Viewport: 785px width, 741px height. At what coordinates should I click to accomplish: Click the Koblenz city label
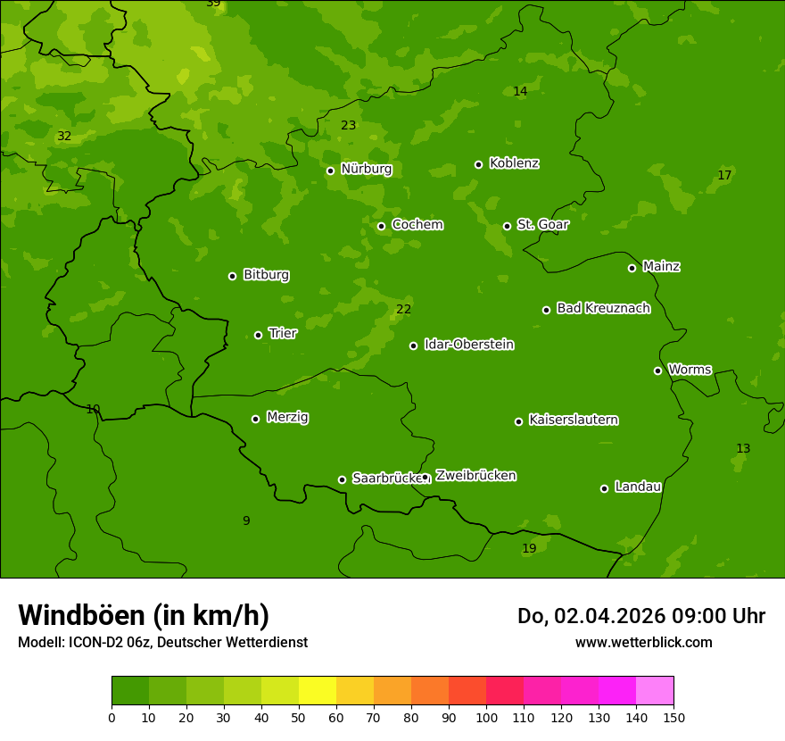(x=514, y=163)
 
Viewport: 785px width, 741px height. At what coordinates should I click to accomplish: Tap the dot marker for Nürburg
(x=330, y=171)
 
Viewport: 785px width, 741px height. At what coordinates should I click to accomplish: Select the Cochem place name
(x=417, y=225)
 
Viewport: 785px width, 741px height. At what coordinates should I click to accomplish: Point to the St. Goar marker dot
(x=507, y=226)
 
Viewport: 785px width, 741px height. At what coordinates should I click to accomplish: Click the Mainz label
(x=661, y=266)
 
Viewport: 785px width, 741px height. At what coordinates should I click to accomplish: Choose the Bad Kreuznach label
(x=603, y=308)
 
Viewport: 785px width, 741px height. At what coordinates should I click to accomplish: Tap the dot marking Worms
(x=657, y=370)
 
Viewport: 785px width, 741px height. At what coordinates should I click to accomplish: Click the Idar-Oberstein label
(x=468, y=345)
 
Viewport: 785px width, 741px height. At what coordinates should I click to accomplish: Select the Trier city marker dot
(x=258, y=335)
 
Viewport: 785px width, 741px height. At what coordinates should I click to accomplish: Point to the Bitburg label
(x=266, y=275)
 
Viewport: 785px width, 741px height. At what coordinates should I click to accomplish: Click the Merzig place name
(x=287, y=417)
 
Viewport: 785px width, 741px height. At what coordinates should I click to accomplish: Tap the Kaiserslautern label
(x=573, y=420)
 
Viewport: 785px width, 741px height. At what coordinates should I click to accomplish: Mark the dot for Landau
(x=604, y=488)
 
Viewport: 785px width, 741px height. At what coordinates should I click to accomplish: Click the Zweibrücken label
(x=475, y=476)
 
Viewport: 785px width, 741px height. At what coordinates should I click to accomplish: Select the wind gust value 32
(x=64, y=137)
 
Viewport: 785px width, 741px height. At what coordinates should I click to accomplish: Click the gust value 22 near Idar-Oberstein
(x=403, y=310)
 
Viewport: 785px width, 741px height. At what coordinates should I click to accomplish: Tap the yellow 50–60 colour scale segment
(x=318, y=691)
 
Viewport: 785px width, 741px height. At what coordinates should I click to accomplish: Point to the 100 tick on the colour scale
(x=486, y=717)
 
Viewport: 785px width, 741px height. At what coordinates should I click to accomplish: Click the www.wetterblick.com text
(x=643, y=642)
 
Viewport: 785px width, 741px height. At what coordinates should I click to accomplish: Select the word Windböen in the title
(x=80, y=615)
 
